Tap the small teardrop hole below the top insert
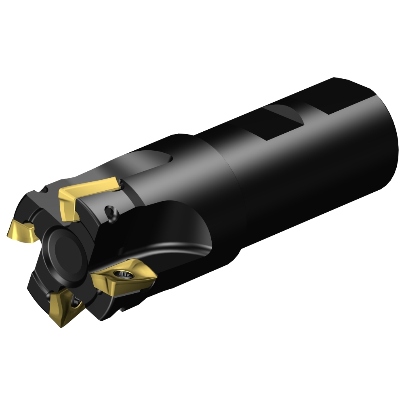click(x=109, y=212)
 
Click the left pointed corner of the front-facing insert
click(x=92, y=276)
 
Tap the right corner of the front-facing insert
click(x=156, y=275)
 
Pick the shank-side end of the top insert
click(x=120, y=184)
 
